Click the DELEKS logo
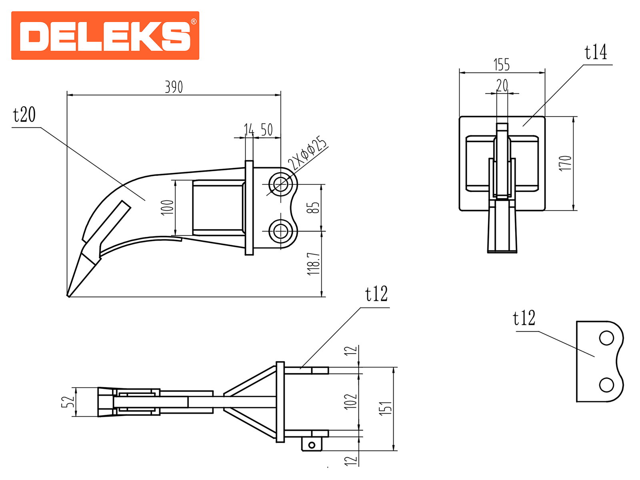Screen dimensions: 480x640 pyautogui.click(x=105, y=36)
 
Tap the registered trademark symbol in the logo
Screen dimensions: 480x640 pyautogui.click(x=194, y=22)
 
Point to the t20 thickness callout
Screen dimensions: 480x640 pyautogui.click(x=24, y=115)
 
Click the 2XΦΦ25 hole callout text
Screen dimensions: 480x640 pyautogui.click(x=307, y=153)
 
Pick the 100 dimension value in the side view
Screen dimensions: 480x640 pyautogui.click(x=168, y=208)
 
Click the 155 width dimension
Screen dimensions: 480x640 pyautogui.click(x=502, y=65)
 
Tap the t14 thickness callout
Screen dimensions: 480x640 pyautogui.click(x=596, y=52)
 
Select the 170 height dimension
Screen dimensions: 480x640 pyautogui.click(x=565, y=164)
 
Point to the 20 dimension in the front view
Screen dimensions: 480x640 pyautogui.click(x=502, y=86)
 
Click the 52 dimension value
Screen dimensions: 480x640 pyautogui.click(x=68, y=402)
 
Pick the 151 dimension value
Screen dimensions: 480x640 pyautogui.click(x=386, y=408)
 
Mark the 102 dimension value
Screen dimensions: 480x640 pyautogui.click(x=350, y=401)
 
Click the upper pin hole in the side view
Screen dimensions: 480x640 pyautogui.click(x=281, y=184)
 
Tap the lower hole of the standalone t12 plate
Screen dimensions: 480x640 pyautogui.click(x=606, y=385)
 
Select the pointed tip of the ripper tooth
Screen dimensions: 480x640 pyautogui.click(x=68, y=296)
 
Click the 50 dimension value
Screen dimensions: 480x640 pyautogui.click(x=267, y=130)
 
